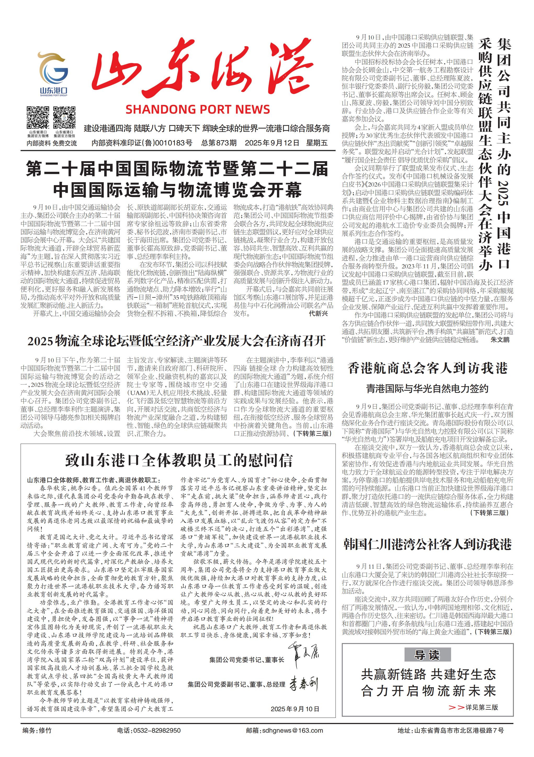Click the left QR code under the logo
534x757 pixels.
tap(38, 117)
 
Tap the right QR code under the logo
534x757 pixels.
tap(64, 117)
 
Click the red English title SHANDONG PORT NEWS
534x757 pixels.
tap(197, 109)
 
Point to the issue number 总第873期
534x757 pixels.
tap(219, 143)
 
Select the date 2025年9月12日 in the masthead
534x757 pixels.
tap(272, 143)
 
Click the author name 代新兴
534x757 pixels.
tap(318, 314)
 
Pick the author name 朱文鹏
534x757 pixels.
tap(500, 340)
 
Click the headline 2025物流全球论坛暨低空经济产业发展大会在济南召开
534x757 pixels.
tap(177, 341)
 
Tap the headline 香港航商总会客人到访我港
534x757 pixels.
tap(428, 368)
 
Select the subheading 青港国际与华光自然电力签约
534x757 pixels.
tap(427, 389)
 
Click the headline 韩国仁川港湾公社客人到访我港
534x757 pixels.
tap(428, 544)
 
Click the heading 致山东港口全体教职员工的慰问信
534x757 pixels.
tap(179, 461)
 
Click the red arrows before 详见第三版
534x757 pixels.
tap(457, 707)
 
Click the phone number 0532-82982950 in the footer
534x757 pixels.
tap(157, 730)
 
